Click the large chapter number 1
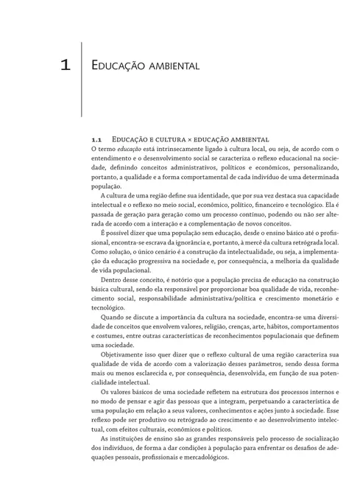tap(66, 65)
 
